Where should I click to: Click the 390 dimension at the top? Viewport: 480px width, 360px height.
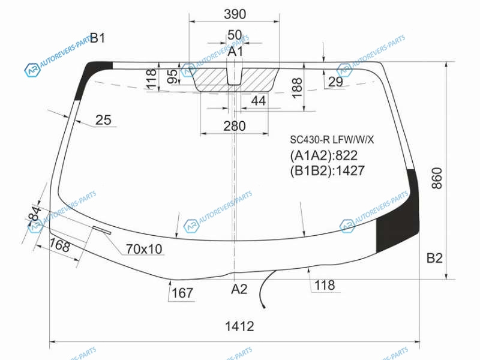[235, 14]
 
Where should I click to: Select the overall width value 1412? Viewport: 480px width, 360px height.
[239, 326]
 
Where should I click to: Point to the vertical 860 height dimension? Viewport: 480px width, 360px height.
[437, 178]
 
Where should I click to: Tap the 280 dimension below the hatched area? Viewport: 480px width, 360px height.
[235, 126]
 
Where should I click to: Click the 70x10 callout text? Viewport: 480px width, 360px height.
[144, 249]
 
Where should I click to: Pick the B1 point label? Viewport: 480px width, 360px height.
[98, 38]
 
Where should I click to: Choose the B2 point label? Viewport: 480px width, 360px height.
[434, 259]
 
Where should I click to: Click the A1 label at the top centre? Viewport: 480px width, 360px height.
[235, 52]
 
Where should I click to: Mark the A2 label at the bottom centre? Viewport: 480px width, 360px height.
[239, 289]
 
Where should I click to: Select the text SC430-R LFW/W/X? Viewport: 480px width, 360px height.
[332, 140]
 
